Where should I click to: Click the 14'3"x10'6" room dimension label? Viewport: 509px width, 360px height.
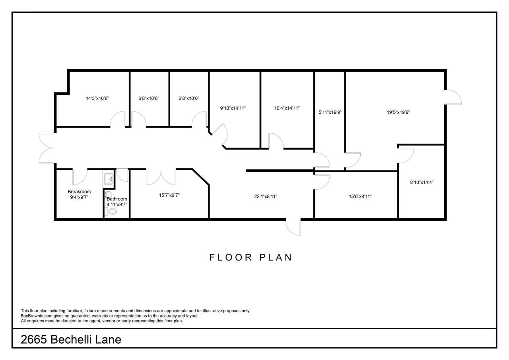pyautogui.click(x=97, y=98)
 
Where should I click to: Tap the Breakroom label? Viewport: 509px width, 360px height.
pyautogui.click(x=79, y=192)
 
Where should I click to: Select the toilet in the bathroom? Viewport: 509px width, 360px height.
pyautogui.click(x=111, y=211)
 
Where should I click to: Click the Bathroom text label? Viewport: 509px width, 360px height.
pyautogui.click(x=117, y=199)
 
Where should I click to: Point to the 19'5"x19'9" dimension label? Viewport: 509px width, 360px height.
pyautogui.click(x=398, y=112)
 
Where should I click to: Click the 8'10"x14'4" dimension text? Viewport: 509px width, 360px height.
pyautogui.click(x=422, y=182)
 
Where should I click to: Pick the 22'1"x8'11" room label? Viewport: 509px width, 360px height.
pyautogui.click(x=266, y=197)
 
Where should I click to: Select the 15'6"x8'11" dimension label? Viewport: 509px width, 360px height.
pyautogui.click(x=360, y=197)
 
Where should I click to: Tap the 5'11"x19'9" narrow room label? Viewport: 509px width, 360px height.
pyautogui.click(x=330, y=112)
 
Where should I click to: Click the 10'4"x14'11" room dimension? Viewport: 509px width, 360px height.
pyautogui.click(x=287, y=108)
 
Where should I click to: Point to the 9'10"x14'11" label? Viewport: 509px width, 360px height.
pyautogui.click(x=233, y=108)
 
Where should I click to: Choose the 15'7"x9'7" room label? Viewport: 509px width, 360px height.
pyautogui.click(x=169, y=195)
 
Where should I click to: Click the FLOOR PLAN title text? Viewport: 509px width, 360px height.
pyautogui.click(x=251, y=257)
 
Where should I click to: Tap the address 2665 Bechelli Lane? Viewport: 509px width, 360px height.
pyautogui.click(x=71, y=340)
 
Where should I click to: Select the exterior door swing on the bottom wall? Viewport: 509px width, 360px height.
pyautogui.click(x=293, y=227)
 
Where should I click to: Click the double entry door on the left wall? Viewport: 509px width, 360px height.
pyautogui.click(x=47, y=148)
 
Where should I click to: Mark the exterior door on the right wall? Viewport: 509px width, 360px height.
pyautogui.click(x=453, y=97)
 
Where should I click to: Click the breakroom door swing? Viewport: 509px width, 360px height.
pyautogui.click(x=80, y=177)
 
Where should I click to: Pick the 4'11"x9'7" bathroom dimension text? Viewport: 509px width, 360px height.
pyautogui.click(x=117, y=204)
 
